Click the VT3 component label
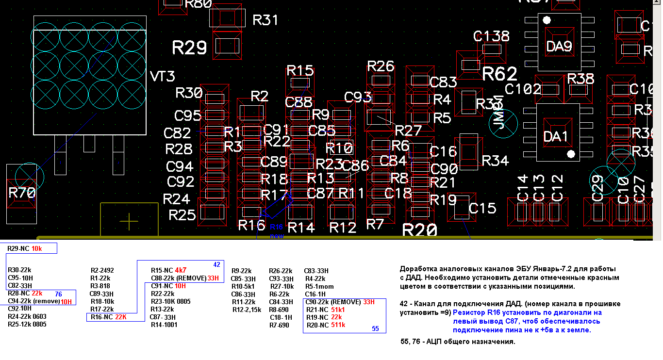pyautogui.click(x=163, y=77)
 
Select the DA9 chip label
pyautogui.click(x=559, y=47)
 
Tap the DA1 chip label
pyautogui.click(x=556, y=136)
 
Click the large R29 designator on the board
pyautogui.click(x=190, y=48)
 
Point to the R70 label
pyautogui.click(x=22, y=193)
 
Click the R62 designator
pyautogui.click(x=500, y=74)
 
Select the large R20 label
pyautogui.click(x=420, y=230)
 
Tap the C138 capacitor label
pyautogui.click(x=492, y=36)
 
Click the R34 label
pyautogui.click(x=495, y=160)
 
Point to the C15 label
pyautogui.click(x=482, y=208)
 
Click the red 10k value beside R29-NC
pyautogui.click(x=37, y=249)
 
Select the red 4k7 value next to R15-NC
pyautogui.click(x=181, y=270)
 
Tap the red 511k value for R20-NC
pyautogui.click(x=338, y=325)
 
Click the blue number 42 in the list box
pyautogui.click(x=216, y=264)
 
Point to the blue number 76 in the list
pyautogui.click(x=58, y=294)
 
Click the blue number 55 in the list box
pyautogui.click(x=375, y=328)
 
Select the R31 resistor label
pyautogui.click(x=265, y=20)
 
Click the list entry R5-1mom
pyautogui.click(x=316, y=286)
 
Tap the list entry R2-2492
pyautogui.click(x=102, y=271)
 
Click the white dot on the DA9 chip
pyautogui.click(x=547, y=20)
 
